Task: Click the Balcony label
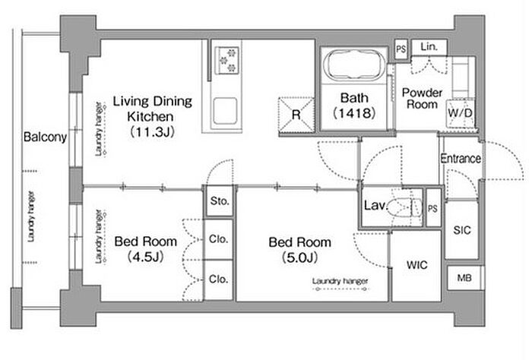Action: click(45, 137)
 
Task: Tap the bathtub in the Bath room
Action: click(354, 65)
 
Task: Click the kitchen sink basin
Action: click(225, 111)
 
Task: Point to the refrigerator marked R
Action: click(296, 115)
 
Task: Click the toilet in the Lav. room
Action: click(405, 207)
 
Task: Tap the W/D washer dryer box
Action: click(460, 113)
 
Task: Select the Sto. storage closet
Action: click(220, 201)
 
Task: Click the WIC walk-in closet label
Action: click(417, 265)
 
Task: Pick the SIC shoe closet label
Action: click(462, 231)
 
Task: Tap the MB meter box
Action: click(464, 278)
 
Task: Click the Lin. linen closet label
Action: click(429, 47)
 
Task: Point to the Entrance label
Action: click(461, 158)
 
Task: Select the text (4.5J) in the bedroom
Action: click(146, 257)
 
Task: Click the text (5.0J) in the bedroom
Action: click(300, 257)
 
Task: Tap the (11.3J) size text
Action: click(152, 131)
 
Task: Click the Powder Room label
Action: click(422, 98)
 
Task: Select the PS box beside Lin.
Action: click(401, 49)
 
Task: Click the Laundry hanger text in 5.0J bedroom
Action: click(340, 281)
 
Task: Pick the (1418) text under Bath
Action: click(354, 113)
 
